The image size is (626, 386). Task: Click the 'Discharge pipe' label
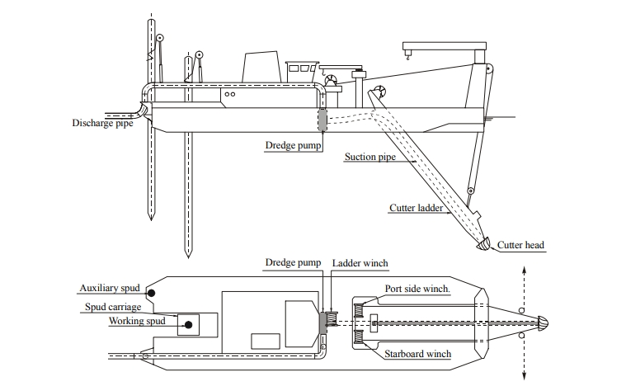tap(103, 124)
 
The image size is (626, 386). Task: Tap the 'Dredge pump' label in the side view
tap(292, 145)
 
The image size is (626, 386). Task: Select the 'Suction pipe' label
tap(370, 156)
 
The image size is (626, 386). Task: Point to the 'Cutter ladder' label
tap(417, 208)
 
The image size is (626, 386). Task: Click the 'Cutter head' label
tap(520, 245)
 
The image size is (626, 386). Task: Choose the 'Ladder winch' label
tap(360, 263)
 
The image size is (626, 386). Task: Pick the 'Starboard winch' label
tap(417, 355)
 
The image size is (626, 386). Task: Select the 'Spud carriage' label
tap(113, 307)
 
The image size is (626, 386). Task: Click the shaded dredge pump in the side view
tap(321, 119)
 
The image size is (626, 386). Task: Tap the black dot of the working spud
tap(189, 325)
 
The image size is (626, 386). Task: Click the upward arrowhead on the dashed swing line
tap(525, 271)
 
